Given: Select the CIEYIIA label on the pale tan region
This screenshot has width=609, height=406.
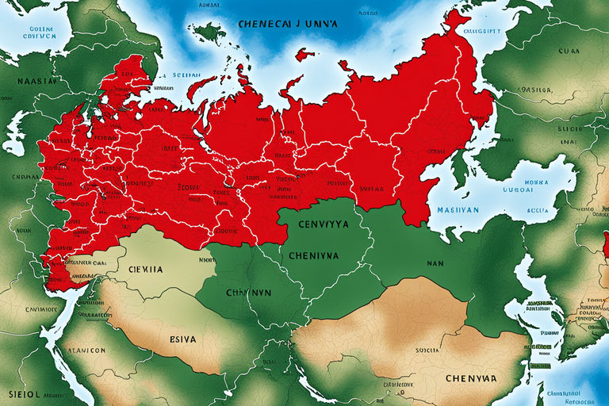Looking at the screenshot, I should coord(145,269).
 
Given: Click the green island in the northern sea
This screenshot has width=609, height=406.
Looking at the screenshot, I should coord(208,33).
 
